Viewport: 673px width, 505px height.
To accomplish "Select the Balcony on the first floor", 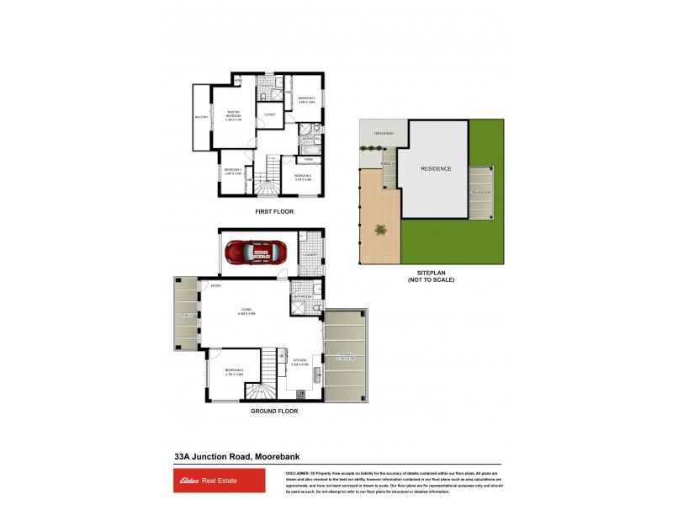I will (202, 118).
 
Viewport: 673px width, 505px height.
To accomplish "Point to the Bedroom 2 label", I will (306, 100).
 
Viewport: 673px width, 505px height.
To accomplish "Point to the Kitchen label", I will (299, 364).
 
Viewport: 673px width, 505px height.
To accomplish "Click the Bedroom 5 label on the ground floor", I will (235, 371).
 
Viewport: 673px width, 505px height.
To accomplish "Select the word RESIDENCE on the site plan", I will (436, 168).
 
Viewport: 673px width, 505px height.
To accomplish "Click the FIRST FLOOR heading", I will (274, 212).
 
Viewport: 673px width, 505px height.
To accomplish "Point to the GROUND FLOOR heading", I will (274, 412).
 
